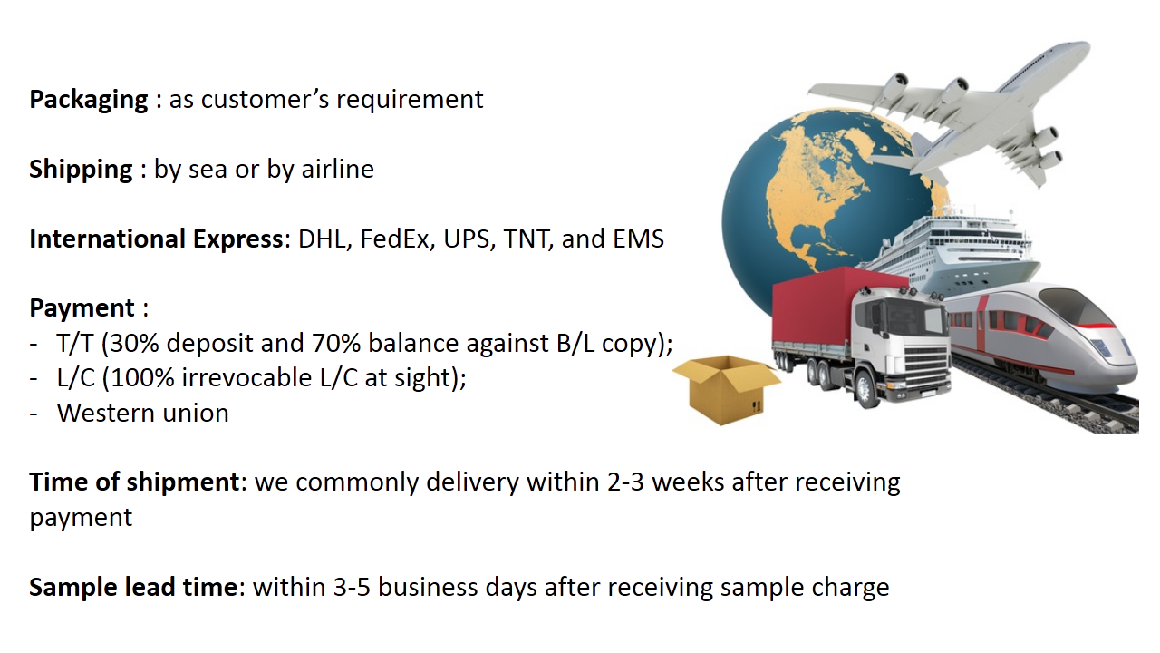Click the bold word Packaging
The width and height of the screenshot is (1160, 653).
(x=89, y=100)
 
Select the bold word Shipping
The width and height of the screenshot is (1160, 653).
(x=81, y=170)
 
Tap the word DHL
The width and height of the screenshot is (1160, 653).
(x=322, y=239)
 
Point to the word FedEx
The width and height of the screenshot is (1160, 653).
(x=398, y=239)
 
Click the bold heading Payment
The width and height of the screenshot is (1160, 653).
(x=82, y=308)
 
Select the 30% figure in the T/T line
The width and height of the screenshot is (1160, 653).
(x=134, y=343)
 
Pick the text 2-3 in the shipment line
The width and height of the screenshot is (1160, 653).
(x=625, y=482)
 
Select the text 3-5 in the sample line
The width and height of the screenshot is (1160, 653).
(x=352, y=587)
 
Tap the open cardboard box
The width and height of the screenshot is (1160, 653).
(x=726, y=390)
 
